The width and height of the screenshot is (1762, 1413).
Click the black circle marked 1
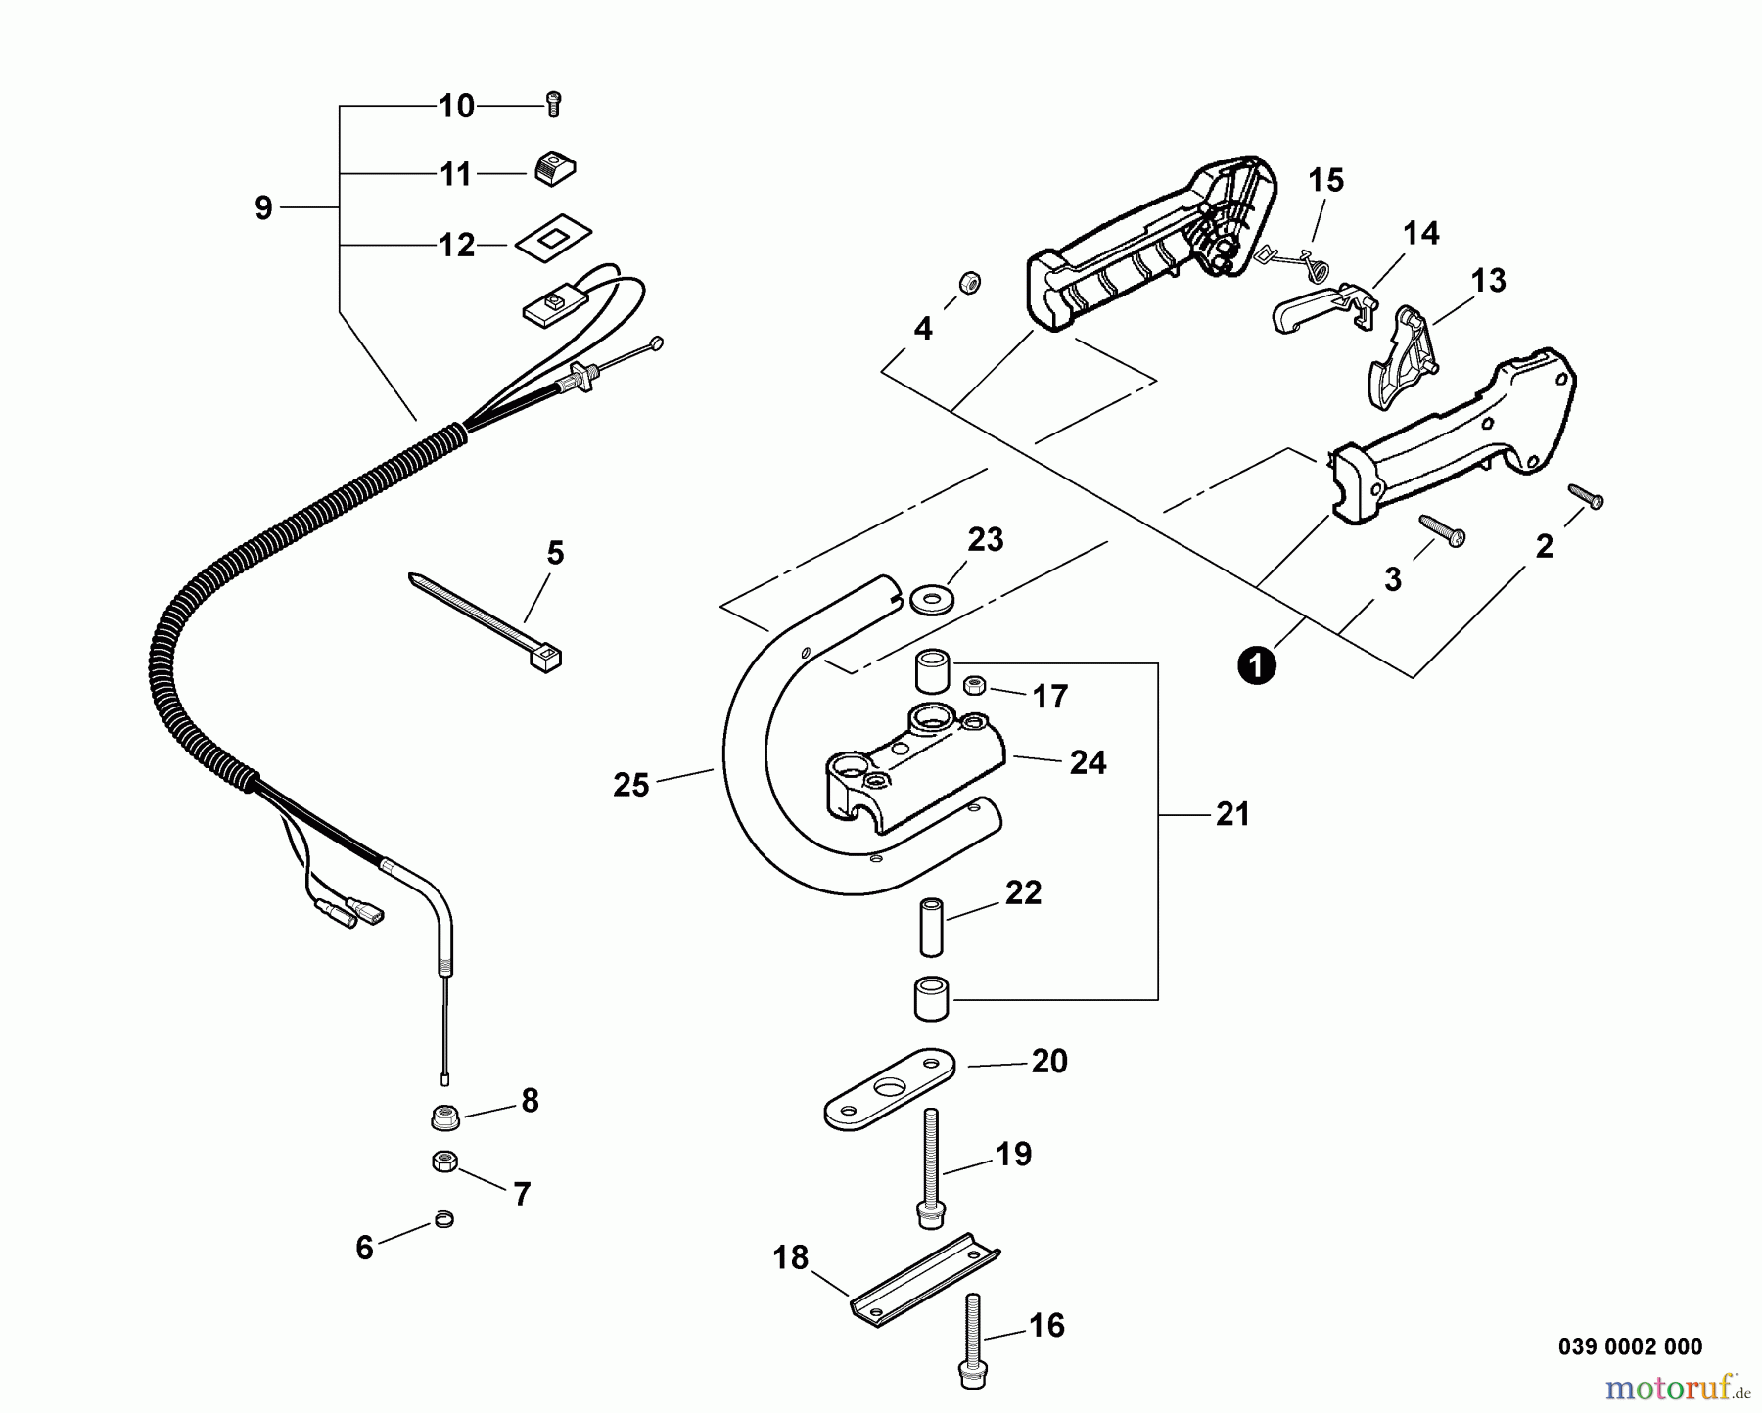(1257, 665)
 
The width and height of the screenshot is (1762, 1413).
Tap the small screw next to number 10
(553, 104)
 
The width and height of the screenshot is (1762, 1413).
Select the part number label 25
(631, 785)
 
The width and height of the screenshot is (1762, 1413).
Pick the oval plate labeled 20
(889, 1089)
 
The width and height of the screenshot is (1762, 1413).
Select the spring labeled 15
(1275, 258)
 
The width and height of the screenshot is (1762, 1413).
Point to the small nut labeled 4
(969, 284)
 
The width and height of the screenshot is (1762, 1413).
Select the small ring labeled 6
(444, 1219)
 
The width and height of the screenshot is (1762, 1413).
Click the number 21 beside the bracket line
(1232, 814)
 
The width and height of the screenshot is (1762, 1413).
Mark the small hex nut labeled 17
(974, 685)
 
